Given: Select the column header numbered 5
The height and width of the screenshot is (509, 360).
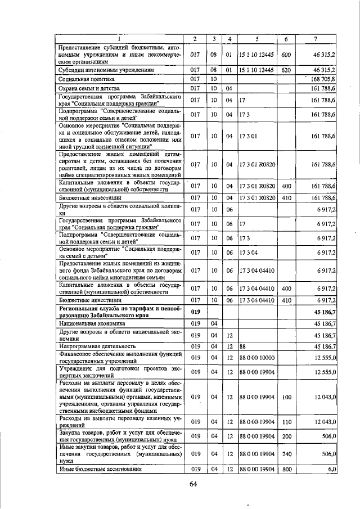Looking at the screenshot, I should [x=256, y=39].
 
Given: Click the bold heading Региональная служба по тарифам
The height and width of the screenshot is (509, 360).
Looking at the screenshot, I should [x=119, y=311].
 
